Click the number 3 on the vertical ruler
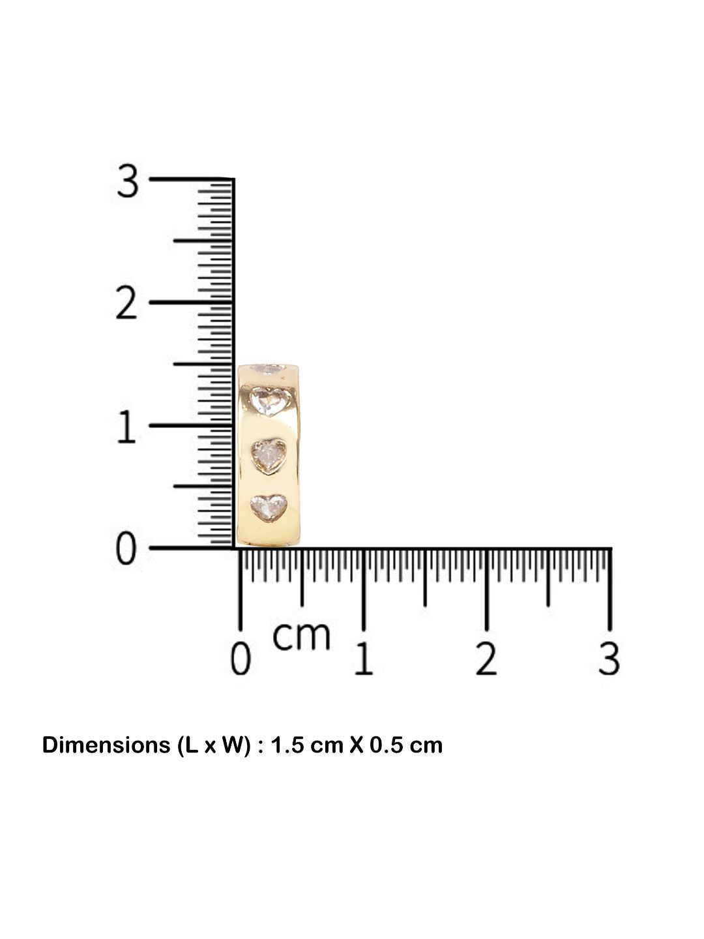click(x=127, y=182)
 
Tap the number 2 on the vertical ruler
click(x=126, y=303)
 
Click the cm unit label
click(x=302, y=637)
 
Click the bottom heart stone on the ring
click(x=268, y=507)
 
